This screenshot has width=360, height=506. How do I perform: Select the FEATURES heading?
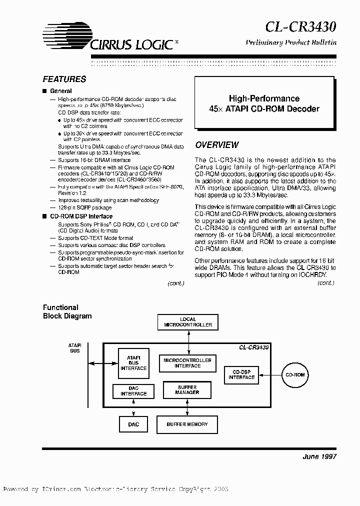[x=64, y=79]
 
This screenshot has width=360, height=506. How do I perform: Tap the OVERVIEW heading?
[x=216, y=145]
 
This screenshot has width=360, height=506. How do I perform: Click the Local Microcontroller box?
[x=187, y=322]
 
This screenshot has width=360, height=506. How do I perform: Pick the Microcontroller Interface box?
[x=187, y=363]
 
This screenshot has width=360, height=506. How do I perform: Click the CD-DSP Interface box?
[x=241, y=374]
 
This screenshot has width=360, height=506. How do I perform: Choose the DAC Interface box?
[x=133, y=391]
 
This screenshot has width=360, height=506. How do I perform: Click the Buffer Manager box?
[x=187, y=390]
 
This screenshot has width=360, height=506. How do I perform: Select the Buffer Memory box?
[x=187, y=424]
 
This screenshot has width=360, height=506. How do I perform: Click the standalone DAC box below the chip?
[x=133, y=424]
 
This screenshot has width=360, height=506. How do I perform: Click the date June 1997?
[x=319, y=457]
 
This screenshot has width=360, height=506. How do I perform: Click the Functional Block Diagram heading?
[x=67, y=311]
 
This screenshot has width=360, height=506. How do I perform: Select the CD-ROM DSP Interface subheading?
[x=81, y=216]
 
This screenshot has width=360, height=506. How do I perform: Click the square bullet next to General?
[x=44, y=91]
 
